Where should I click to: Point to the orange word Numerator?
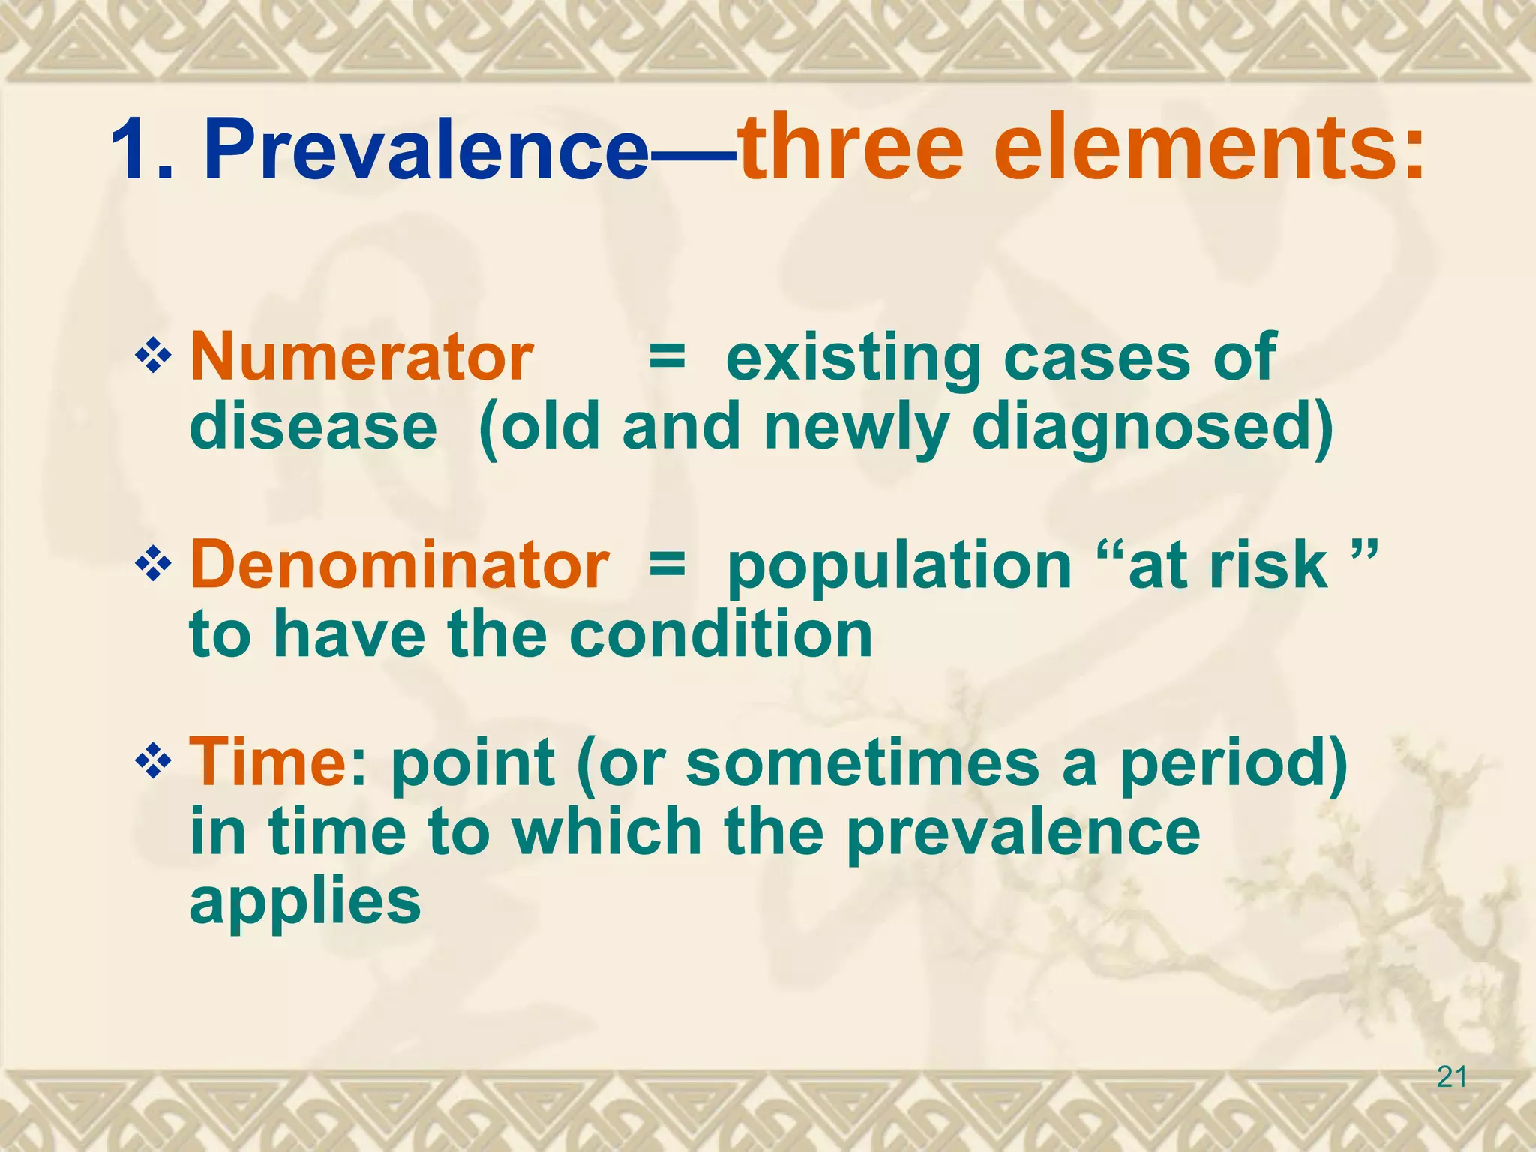[361, 358]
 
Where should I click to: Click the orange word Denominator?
[399, 565]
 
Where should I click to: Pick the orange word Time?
[266, 763]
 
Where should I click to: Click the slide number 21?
[1452, 1078]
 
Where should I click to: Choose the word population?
[899, 567]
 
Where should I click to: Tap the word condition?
[721, 634]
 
